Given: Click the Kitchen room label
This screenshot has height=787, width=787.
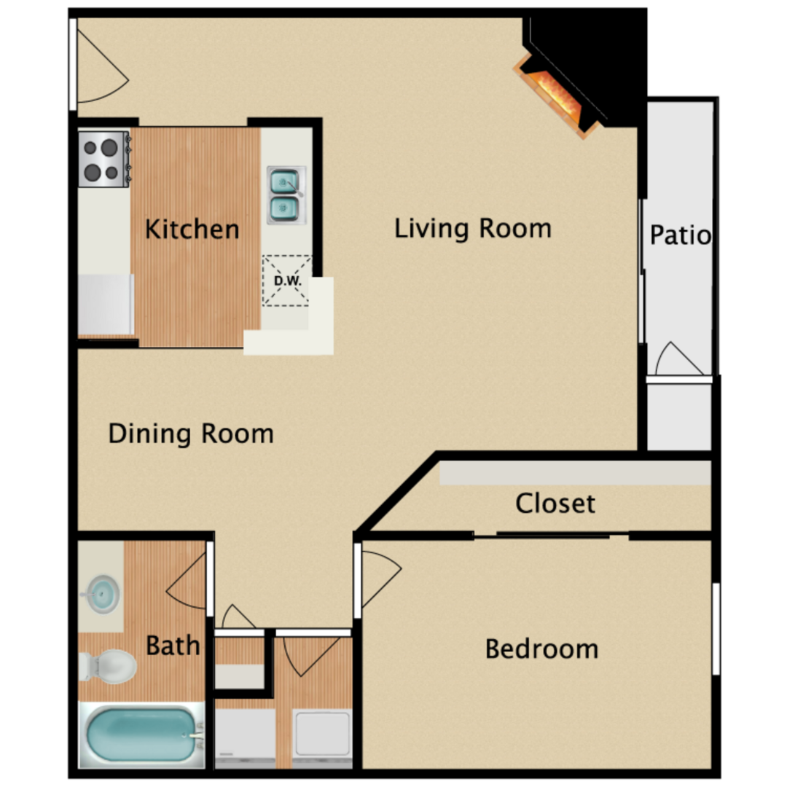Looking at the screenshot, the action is [192, 230].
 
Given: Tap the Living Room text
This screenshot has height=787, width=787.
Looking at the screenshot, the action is [473, 228].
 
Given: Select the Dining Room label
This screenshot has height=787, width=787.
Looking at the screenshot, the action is [191, 434].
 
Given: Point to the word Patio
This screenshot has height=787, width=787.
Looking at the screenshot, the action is [680, 235].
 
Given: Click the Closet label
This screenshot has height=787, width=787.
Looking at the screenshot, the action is [555, 504].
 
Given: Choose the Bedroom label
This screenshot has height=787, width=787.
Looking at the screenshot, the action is [541, 649].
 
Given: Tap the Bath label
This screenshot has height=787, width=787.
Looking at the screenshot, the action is [173, 646].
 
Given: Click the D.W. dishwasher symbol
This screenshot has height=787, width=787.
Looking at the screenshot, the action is [286, 281].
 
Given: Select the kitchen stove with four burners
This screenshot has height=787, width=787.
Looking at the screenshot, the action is [104, 159].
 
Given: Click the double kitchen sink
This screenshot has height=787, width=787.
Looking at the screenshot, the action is [286, 195].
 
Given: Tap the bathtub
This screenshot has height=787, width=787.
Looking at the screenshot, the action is [142, 735].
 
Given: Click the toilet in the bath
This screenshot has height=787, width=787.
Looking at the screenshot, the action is [109, 666].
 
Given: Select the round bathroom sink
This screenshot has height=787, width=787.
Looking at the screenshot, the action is [102, 595].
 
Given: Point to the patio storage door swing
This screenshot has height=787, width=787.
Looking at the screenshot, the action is [678, 359].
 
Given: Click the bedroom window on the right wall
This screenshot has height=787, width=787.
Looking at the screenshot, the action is [716, 629].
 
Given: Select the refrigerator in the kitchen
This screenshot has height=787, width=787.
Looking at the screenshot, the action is [106, 304].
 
